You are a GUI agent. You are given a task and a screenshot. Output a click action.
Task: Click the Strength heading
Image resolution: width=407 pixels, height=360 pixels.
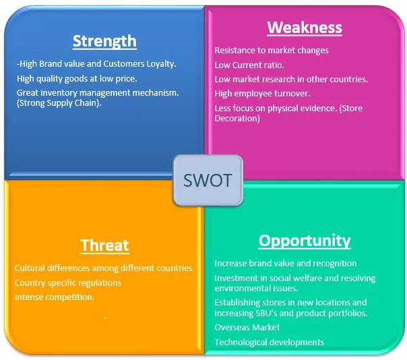tap(104, 41)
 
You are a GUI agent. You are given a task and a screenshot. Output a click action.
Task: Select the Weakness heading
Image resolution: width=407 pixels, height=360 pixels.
tap(305, 28)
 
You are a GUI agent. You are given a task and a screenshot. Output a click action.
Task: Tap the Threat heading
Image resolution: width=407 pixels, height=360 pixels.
tap(104, 245)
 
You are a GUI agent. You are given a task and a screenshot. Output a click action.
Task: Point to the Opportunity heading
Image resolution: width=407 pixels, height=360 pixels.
tap(305, 241)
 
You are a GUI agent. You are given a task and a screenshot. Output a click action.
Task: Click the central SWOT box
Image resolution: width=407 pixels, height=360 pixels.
tap(208, 180)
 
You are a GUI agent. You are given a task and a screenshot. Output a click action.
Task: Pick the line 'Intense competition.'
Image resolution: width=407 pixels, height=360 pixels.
tap(55, 297)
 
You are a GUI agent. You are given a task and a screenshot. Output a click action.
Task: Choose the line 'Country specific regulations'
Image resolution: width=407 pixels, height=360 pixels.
tap(68, 282)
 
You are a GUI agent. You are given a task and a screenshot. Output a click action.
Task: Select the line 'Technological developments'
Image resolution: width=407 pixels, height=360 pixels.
tap(269, 342)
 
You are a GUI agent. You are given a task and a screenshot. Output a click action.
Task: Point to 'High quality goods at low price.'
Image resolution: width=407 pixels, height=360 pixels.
tap(77, 78)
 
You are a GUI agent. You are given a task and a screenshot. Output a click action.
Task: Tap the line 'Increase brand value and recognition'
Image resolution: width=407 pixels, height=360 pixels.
tap(286, 263)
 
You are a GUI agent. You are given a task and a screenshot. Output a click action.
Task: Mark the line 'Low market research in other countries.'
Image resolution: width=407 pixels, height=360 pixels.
tap(291, 80)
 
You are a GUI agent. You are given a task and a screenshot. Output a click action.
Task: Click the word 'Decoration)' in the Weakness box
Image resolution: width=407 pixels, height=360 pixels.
tap(237, 119)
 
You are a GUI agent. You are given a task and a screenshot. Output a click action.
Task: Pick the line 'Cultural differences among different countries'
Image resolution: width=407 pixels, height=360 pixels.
tap(104, 268)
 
